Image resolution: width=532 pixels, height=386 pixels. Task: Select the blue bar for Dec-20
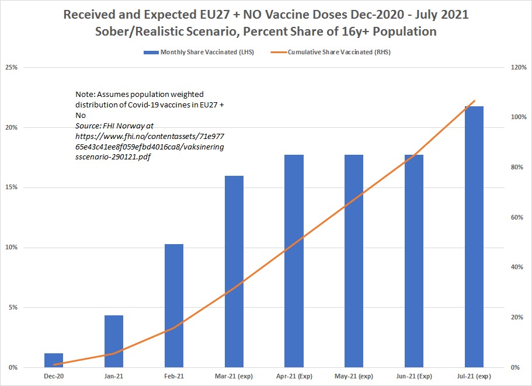click(x=54, y=360)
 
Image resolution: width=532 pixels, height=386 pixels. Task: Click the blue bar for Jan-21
click(x=114, y=341)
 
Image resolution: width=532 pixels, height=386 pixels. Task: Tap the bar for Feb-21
click(x=174, y=305)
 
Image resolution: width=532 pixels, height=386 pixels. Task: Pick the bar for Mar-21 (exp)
click(x=234, y=272)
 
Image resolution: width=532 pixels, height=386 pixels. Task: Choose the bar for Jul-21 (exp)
click(x=474, y=237)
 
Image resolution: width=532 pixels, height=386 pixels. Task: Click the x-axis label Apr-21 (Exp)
click(x=294, y=376)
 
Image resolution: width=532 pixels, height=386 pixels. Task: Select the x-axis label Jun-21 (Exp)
click(x=414, y=376)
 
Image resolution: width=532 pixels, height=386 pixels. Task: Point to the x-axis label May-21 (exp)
click(x=354, y=376)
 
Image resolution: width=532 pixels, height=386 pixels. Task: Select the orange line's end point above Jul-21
click(x=474, y=101)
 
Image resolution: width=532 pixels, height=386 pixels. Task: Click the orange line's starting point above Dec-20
click(x=54, y=364)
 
